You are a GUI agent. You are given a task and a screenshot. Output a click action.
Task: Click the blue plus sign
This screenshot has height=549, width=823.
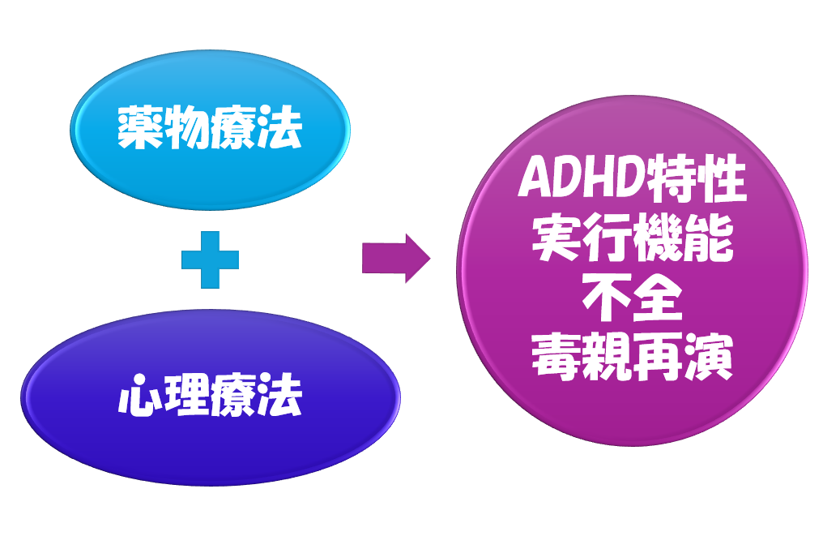click(x=210, y=259)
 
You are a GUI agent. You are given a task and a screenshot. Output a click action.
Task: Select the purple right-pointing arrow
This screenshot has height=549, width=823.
click(x=394, y=259)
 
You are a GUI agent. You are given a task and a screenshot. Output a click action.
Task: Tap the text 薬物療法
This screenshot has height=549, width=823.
click(x=210, y=129)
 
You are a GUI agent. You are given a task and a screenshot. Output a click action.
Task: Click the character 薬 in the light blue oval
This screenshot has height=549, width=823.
click(x=140, y=129)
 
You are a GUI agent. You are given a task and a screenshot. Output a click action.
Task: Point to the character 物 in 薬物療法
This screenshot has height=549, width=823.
click(x=186, y=129)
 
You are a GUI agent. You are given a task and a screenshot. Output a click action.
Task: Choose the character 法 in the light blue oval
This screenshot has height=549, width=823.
click(x=279, y=129)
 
